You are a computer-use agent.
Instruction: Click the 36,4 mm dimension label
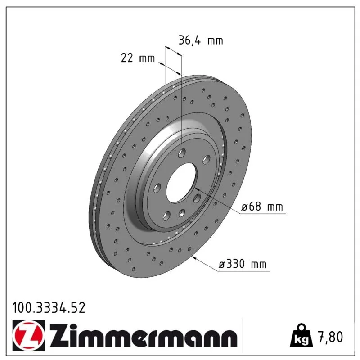[x=201, y=40]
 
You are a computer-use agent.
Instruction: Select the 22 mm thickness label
[x=138, y=58]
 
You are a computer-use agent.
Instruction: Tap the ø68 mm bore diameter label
[x=262, y=207]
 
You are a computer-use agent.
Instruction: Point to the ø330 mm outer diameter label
[x=243, y=264]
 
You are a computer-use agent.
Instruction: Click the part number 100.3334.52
[x=49, y=308]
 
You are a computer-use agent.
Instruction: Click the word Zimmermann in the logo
[x=143, y=335]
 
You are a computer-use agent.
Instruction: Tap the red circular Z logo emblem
[x=29, y=335]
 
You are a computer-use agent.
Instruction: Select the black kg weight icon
[x=301, y=335]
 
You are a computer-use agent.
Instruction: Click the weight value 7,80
[x=330, y=337]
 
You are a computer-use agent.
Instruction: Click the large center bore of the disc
[x=181, y=183]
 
